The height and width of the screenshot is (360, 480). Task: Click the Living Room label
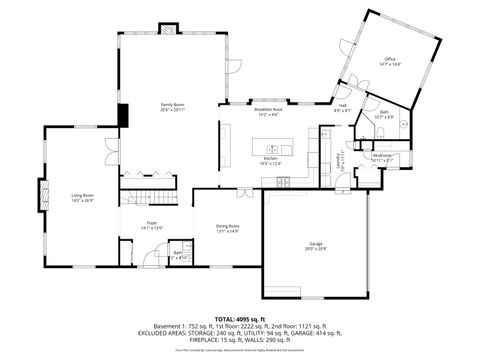pos(82,196)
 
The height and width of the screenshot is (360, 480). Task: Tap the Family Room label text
pos(173,106)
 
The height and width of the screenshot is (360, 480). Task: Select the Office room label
pos(390,62)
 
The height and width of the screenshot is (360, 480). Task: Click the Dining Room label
pos(227,227)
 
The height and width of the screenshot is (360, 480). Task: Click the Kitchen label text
pos(270,160)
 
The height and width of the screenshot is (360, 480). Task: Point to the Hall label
pos(342,107)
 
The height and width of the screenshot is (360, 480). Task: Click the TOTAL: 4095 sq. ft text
pos(239,318)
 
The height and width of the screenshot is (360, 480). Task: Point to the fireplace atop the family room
pos(167,29)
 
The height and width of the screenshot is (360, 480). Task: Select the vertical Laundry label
pos(339,159)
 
